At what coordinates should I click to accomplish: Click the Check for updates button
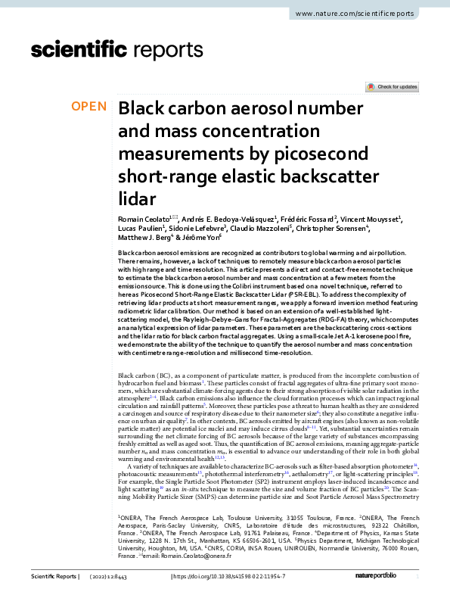pyautogui.click(x=392, y=87)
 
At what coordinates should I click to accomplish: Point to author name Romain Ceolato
pyautogui.click(x=146, y=218)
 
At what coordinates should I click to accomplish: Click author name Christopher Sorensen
pyautogui.click(x=333, y=229)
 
